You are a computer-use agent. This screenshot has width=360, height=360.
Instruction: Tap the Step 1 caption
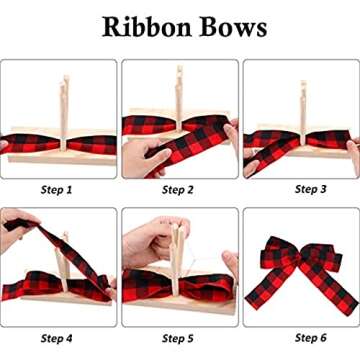(56, 189)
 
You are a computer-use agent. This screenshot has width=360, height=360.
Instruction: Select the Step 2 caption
(178, 189)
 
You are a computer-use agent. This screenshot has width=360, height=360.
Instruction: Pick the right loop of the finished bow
(324, 255)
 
